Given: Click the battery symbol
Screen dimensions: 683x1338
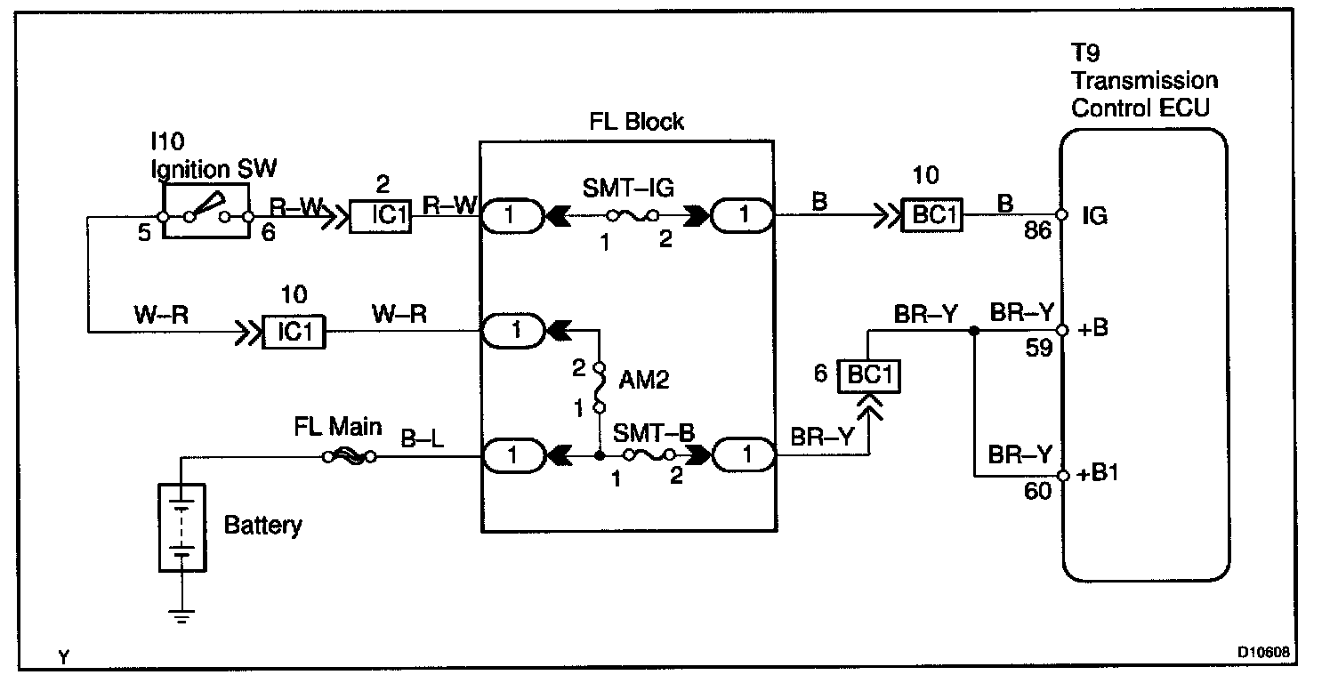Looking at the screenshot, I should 181,527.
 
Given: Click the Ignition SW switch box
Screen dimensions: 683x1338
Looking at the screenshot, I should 206,213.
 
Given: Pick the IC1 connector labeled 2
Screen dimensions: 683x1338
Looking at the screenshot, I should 379,215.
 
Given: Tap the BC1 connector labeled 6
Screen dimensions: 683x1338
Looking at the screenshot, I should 871,374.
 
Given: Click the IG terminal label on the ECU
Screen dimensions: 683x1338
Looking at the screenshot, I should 1095,216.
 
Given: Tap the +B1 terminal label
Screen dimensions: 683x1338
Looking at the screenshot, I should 1098,474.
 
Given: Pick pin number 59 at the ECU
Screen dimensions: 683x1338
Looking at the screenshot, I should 1038,347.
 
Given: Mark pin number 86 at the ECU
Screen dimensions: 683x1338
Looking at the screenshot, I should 1037,233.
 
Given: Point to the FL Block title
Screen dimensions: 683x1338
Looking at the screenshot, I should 637,122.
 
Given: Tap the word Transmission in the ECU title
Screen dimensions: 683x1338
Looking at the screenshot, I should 1144,81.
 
